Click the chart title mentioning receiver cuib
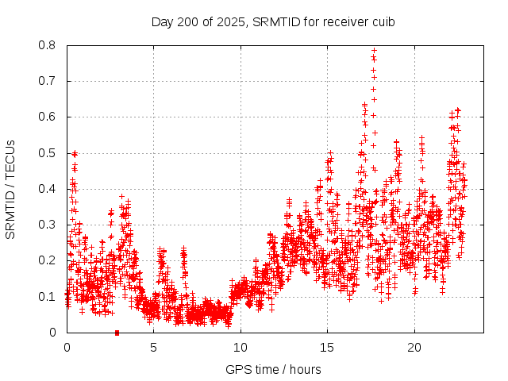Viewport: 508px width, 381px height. click(x=273, y=21)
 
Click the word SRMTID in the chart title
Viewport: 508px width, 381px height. click(x=273, y=21)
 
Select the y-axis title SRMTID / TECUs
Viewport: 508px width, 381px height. click(x=11, y=189)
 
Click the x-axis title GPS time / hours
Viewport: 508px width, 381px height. click(x=273, y=369)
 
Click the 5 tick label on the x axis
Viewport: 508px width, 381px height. click(x=154, y=348)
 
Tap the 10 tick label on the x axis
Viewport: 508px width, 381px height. click(x=241, y=348)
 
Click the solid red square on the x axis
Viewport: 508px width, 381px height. click(x=117, y=333)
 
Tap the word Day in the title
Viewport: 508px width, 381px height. click(x=162, y=21)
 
